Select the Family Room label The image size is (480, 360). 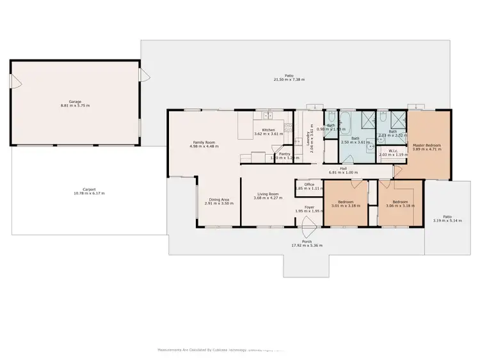point(204,143)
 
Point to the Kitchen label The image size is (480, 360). point(268,130)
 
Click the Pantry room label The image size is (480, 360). point(285,153)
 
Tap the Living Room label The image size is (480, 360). point(268,194)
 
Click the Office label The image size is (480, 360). point(309,185)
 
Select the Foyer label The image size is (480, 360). point(309,207)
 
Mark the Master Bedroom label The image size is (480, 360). point(426,145)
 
